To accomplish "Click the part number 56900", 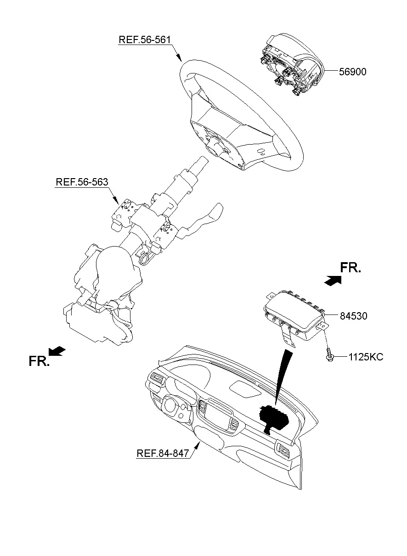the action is click(x=353, y=72).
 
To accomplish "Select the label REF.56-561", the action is click(x=145, y=39).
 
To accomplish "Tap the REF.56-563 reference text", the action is click(x=82, y=182).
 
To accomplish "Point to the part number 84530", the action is click(x=353, y=316).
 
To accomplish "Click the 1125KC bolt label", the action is click(x=366, y=357).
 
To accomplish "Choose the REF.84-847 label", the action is click(x=163, y=453).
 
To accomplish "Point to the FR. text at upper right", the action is click(x=350, y=268).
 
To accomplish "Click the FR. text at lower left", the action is click(x=39, y=361).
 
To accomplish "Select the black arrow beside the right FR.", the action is click(x=333, y=281).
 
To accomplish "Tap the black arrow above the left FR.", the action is click(x=57, y=351).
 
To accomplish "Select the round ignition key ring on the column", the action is click(x=145, y=259).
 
